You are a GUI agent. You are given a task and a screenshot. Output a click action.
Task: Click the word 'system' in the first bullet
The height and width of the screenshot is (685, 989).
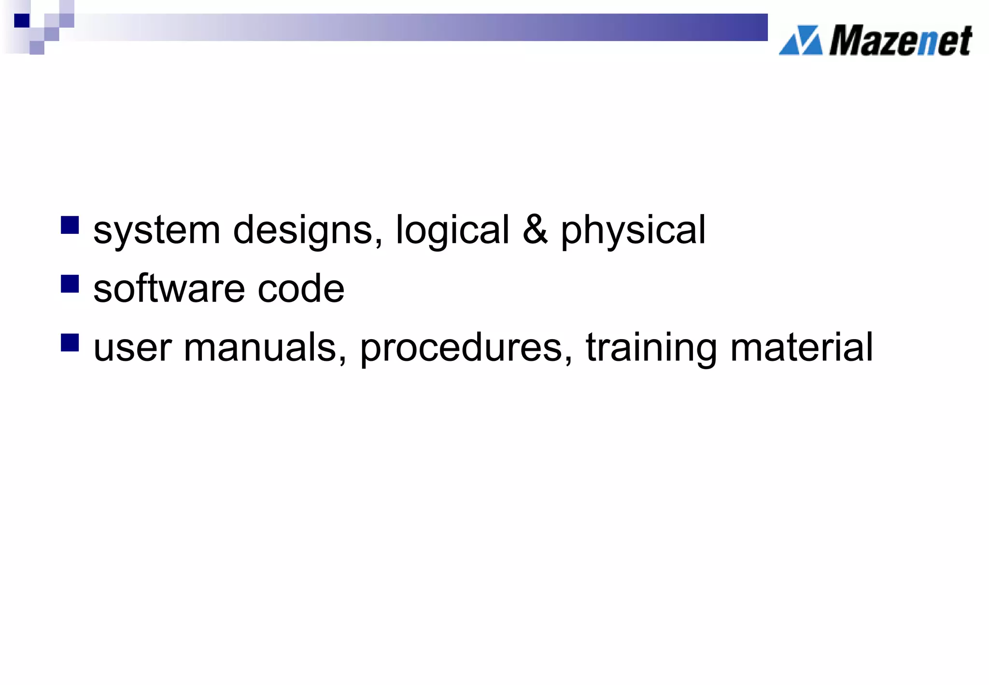pyautogui.click(x=156, y=230)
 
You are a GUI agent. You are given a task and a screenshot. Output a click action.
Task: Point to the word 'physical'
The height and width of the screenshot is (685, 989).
pyautogui.click(x=633, y=230)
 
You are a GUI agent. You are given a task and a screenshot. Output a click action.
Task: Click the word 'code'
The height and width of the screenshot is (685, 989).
pyautogui.click(x=301, y=288)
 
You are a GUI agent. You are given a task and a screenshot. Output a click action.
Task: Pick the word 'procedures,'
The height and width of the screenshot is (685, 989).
pyautogui.click(x=466, y=347)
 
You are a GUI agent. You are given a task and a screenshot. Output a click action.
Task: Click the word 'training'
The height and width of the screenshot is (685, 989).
pyautogui.click(x=651, y=347)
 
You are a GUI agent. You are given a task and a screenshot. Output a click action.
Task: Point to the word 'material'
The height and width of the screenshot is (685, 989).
pyautogui.click(x=802, y=347)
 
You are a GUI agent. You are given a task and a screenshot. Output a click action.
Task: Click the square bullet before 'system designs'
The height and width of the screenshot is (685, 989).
pyautogui.click(x=70, y=225)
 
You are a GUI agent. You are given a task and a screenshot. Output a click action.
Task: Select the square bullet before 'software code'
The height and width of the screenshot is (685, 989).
pyautogui.click(x=70, y=284)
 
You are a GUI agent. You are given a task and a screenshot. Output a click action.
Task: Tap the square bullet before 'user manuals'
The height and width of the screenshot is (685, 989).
pyautogui.click(x=70, y=342)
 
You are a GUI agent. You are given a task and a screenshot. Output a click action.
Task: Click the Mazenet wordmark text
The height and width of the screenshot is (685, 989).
pyautogui.click(x=900, y=41)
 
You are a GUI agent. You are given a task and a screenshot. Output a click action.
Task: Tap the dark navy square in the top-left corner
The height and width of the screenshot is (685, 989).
pyautogui.click(x=22, y=21)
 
